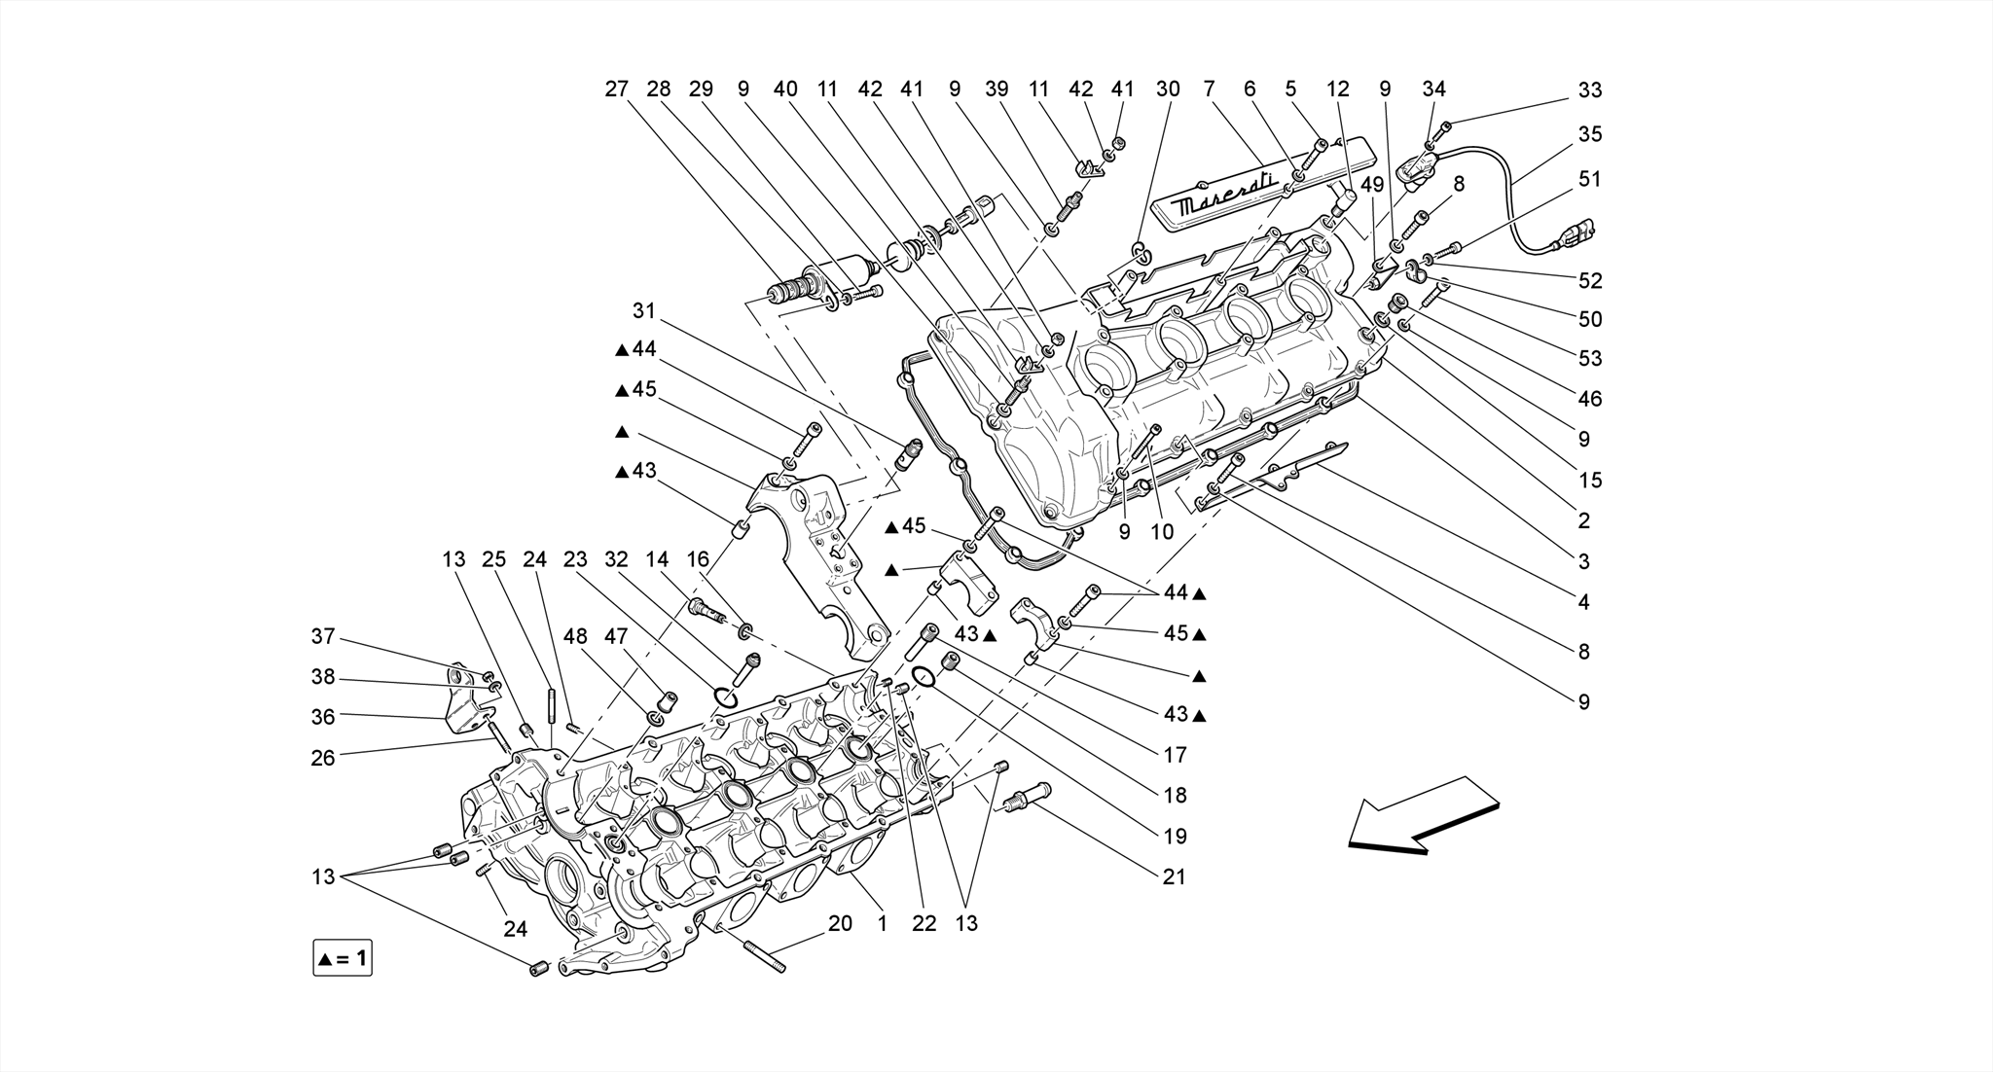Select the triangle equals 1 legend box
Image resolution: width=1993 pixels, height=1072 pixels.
343,958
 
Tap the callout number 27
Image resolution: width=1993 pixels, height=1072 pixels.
616,89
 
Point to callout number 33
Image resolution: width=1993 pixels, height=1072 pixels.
1589,89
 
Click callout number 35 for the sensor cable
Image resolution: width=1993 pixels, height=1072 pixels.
1589,134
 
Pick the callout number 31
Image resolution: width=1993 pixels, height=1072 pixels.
644,311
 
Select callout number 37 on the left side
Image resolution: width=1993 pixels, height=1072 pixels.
323,636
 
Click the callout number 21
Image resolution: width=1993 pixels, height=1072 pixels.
1175,876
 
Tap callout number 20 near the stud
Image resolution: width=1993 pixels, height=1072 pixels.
840,923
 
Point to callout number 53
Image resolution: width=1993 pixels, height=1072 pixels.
1589,358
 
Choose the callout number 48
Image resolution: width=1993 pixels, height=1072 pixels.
575,636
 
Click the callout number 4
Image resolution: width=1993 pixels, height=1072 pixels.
1583,602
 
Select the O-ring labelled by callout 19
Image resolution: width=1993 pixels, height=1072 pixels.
924,676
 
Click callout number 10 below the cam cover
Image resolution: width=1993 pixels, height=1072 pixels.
1162,532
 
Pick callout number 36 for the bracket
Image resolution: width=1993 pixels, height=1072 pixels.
323,717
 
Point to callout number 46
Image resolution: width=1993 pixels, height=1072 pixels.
1589,399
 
